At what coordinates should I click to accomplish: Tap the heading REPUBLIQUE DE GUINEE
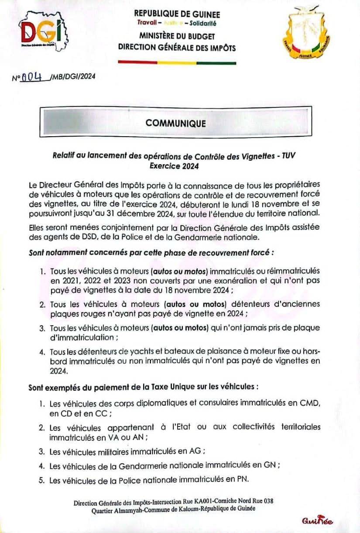[177, 14]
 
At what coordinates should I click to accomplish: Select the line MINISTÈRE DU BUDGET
[177, 36]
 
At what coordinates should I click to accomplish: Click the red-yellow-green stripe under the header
[177, 63]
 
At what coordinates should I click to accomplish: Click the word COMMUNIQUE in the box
[176, 123]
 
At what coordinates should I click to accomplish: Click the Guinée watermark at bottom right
[317, 521]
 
